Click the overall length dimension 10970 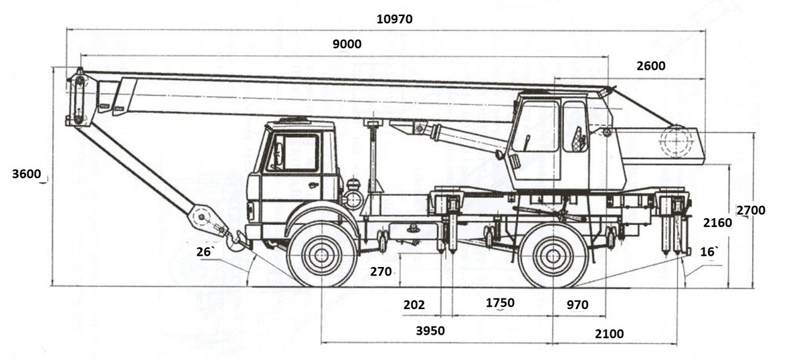[x=394, y=19]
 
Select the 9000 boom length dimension [x=347, y=44]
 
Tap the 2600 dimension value [x=651, y=66]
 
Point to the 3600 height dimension [x=27, y=174]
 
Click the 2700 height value [x=751, y=210]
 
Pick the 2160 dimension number [x=717, y=223]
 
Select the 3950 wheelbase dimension [x=430, y=331]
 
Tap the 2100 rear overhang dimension [x=610, y=334]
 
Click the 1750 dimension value [x=500, y=303]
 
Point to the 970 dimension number [x=577, y=304]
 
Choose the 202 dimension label [x=414, y=304]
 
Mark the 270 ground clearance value [x=381, y=272]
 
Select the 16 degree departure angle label [x=709, y=252]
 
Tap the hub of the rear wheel [x=553, y=256]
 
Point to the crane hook [x=235, y=240]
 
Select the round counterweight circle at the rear [x=676, y=141]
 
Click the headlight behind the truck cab [x=353, y=198]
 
